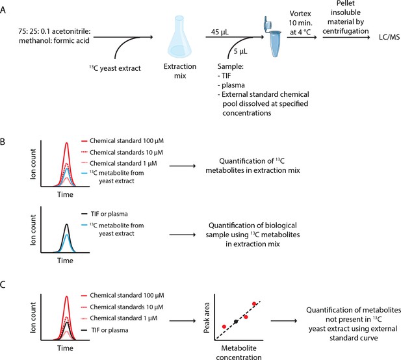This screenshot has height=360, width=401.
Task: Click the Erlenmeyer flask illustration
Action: pyautogui.click(x=179, y=37)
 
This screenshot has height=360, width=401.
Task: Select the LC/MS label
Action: pyautogui.click(x=389, y=37)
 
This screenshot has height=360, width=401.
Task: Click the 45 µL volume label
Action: pyautogui.click(x=220, y=32)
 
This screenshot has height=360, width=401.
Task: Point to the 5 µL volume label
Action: pyautogui.click(x=240, y=51)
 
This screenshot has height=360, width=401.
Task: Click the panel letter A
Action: pyautogui.click(x=3, y=10)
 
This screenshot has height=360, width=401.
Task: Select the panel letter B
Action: pyautogui.click(x=3, y=142)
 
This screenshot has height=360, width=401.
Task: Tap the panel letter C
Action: pyautogui.click(x=3, y=285)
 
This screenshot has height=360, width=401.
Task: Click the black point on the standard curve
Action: pyautogui.click(x=236, y=322)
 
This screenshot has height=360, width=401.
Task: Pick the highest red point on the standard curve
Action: pyautogui.click(x=254, y=303)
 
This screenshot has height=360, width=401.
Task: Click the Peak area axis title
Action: pyautogui.click(x=207, y=318)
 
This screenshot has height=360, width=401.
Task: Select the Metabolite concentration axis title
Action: pyautogui.click(x=239, y=353)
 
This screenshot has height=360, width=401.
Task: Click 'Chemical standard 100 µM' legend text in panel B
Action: pyautogui.click(x=127, y=141)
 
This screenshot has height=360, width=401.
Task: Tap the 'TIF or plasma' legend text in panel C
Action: pyautogui.click(x=110, y=330)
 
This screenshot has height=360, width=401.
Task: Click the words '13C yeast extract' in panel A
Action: pyautogui.click(x=115, y=68)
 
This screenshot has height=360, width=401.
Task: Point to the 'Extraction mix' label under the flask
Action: pyautogui.click(x=180, y=71)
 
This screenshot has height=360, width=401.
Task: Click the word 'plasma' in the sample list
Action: pyautogui.click(x=233, y=85)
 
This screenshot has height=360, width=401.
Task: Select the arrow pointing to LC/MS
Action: pyautogui.click(x=346, y=37)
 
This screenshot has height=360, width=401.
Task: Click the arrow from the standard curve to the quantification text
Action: pyautogui.click(x=284, y=321)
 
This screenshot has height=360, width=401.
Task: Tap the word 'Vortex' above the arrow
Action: pyautogui.click(x=300, y=14)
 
